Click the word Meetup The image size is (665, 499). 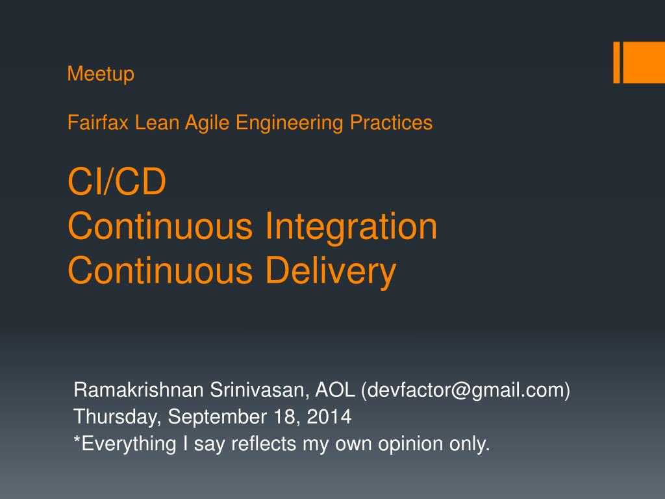pos(101,74)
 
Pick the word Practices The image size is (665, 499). pos(392,122)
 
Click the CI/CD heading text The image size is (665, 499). pos(117,183)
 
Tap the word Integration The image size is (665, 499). pos(351,227)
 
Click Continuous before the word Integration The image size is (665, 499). pos(160,227)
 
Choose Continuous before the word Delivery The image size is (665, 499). pos(160,271)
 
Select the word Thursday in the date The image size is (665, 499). pos(118,416)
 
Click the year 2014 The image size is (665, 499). pos(330,416)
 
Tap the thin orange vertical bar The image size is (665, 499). pos(617,63)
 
